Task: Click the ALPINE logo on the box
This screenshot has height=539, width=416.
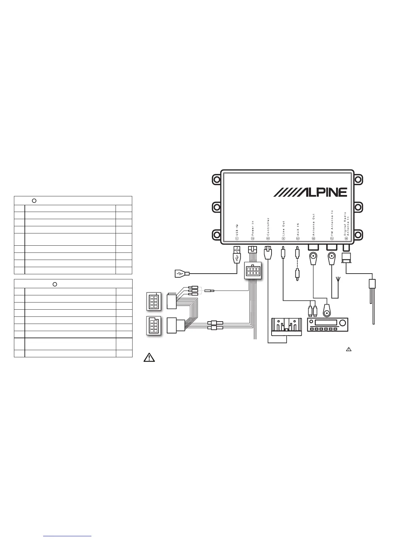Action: coord(310,192)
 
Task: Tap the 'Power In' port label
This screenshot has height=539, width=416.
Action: coord(253,228)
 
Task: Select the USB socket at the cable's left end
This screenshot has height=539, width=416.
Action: coord(180,274)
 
